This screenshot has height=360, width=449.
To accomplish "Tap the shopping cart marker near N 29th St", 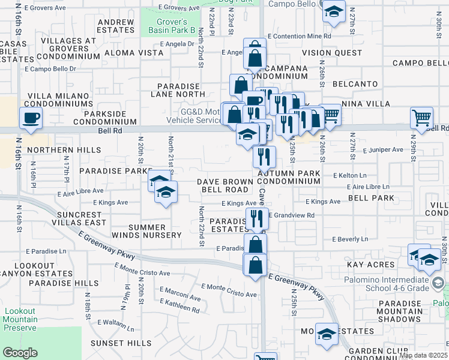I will click(422, 118).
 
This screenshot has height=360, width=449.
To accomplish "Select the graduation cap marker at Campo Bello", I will click(334, 11).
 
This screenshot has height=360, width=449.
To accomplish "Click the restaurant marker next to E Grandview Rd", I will click(255, 218).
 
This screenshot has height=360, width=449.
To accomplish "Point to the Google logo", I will click(20, 353).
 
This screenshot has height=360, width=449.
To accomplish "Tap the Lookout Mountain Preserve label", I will click(20, 319).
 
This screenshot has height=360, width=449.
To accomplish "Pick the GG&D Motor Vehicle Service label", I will click(193, 116).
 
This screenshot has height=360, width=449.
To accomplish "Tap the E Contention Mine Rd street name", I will click(300, 37).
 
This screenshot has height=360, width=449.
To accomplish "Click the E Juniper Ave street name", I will click(384, 149).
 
